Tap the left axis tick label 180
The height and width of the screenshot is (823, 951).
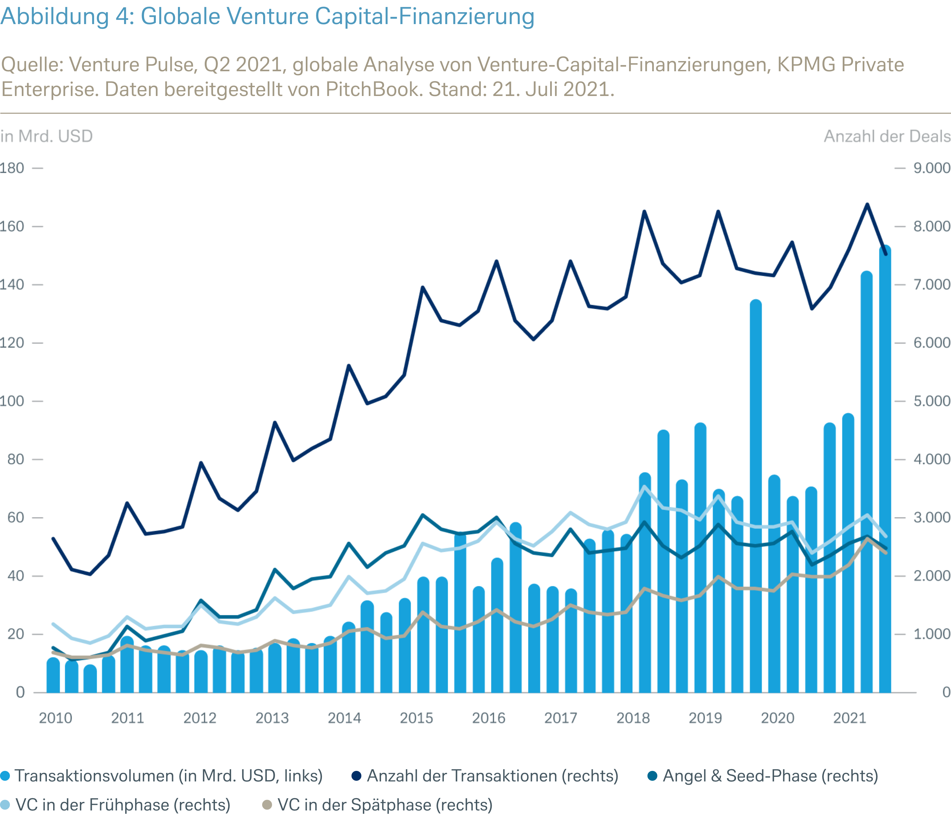point(12,168)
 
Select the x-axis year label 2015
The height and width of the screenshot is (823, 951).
point(416,718)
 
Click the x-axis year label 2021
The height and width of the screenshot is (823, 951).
point(849,718)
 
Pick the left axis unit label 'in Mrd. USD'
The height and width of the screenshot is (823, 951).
point(47,137)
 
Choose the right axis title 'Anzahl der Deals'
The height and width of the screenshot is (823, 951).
point(887,137)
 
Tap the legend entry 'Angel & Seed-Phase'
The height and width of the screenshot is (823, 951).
point(770,776)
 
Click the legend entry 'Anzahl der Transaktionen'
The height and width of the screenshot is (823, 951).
point(492,776)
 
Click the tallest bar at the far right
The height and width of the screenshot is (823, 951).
point(885,459)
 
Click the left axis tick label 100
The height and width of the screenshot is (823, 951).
point(12,401)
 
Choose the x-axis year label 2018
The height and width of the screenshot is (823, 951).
point(633,718)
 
